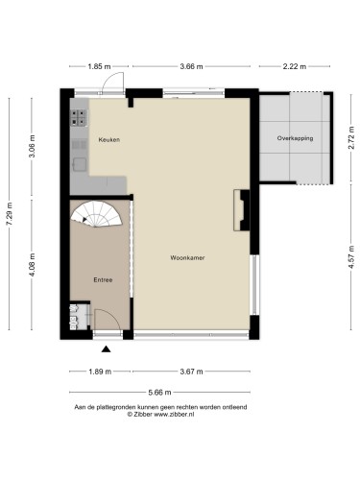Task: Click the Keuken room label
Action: click(x=109, y=140)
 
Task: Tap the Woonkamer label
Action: click(x=187, y=257)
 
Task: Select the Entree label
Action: click(x=103, y=280)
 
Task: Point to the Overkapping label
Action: click(x=295, y=138)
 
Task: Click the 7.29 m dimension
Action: click(x=10, y=214)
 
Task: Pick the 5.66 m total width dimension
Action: click(x=159, y=393)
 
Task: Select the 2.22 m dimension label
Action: click(x=295, y=66)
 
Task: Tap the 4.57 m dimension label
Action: click(x=351, y=257)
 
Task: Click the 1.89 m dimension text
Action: click(x=100, y=372)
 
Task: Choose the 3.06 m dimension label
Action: click(x=32, y=146)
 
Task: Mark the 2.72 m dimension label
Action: click(x=351, y=137)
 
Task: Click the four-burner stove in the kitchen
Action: click(x=79, y=117)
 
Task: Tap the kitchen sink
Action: click(x=79, y=164)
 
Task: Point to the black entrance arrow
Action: click(x=106, y=349)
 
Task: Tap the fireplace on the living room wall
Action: click(x=242, y=210)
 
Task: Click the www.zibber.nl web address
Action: click(x=174, y=414)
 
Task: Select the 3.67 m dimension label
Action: click(x=191, y=372)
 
